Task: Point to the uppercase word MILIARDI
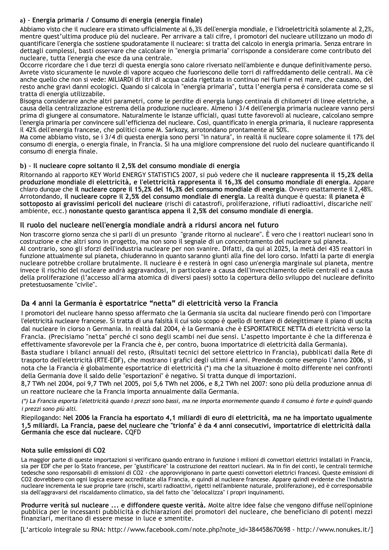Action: click(117, 79)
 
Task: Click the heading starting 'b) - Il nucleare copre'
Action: click(130, 166)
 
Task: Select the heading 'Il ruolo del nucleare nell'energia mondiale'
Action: click(149, 225)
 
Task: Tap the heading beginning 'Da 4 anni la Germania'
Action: click(149, 303)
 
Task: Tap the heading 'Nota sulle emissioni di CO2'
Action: click(63, 451)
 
